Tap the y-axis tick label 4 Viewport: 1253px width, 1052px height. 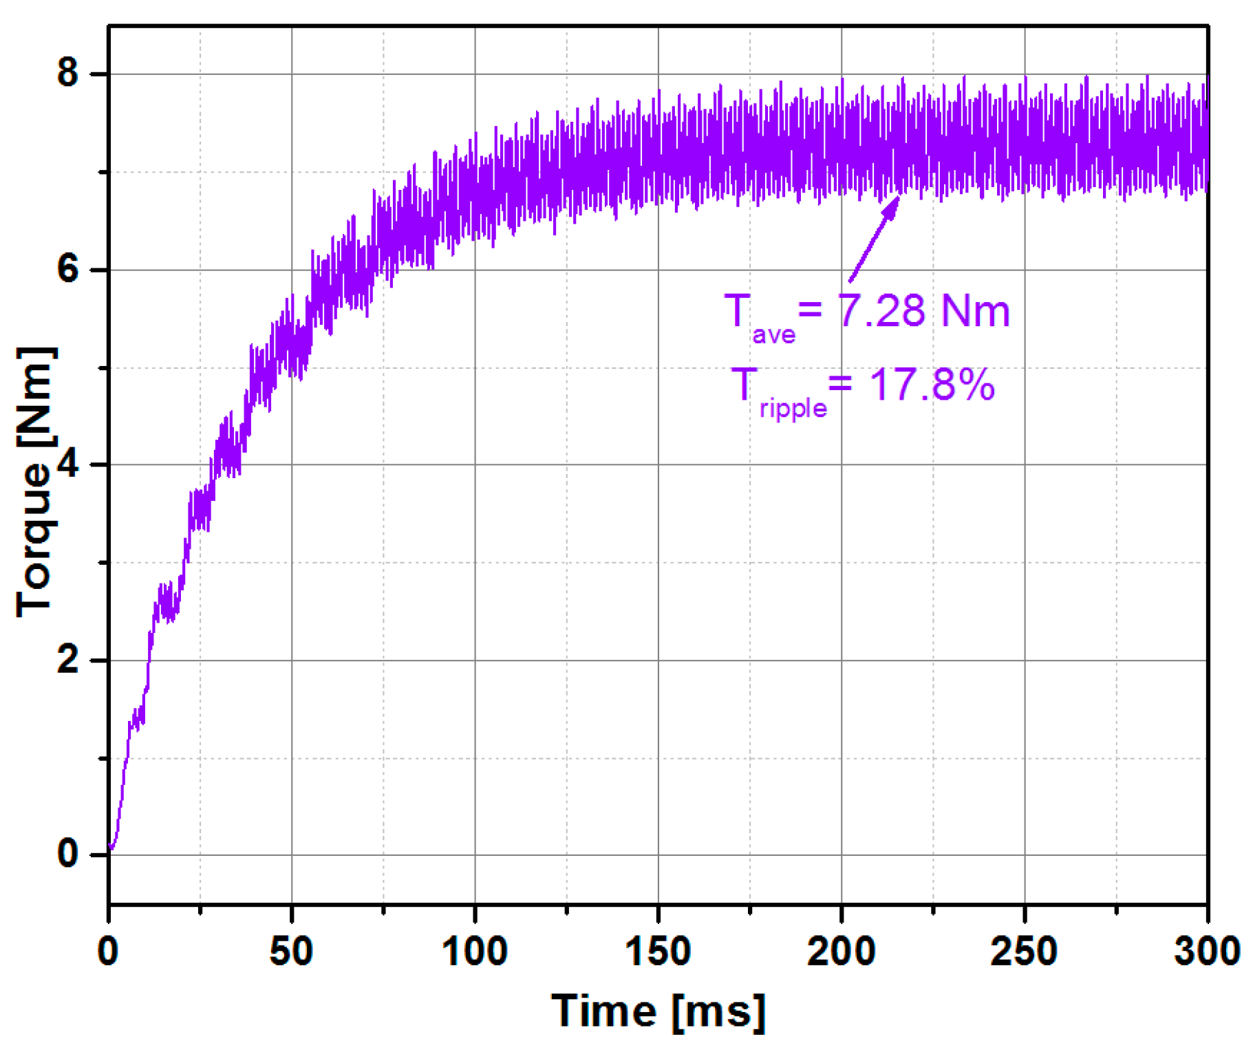tap(68, 464)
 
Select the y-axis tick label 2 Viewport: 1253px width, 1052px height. tap(68, 659)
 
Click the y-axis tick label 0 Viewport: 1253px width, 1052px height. tap(68, 854)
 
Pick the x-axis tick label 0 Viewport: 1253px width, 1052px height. tap(108, 952)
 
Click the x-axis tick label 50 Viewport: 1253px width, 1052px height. tap(291, 952)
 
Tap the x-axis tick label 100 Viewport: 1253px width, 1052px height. tap(474, 952)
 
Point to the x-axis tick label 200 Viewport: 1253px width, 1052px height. tap(841, 952)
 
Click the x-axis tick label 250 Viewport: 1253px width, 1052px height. tap(1024, 952)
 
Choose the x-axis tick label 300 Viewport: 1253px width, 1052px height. tap(1207, 952)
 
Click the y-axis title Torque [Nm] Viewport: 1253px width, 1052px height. tap(34, 482)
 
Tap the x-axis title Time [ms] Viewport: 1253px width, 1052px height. tap(658, 1011)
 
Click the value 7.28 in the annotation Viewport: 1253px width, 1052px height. tap(881, 310)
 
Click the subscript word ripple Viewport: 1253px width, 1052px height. tap(793, 409)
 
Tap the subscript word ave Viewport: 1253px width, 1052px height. tap(773, 335)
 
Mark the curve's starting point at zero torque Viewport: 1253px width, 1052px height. tap(111, 848)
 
